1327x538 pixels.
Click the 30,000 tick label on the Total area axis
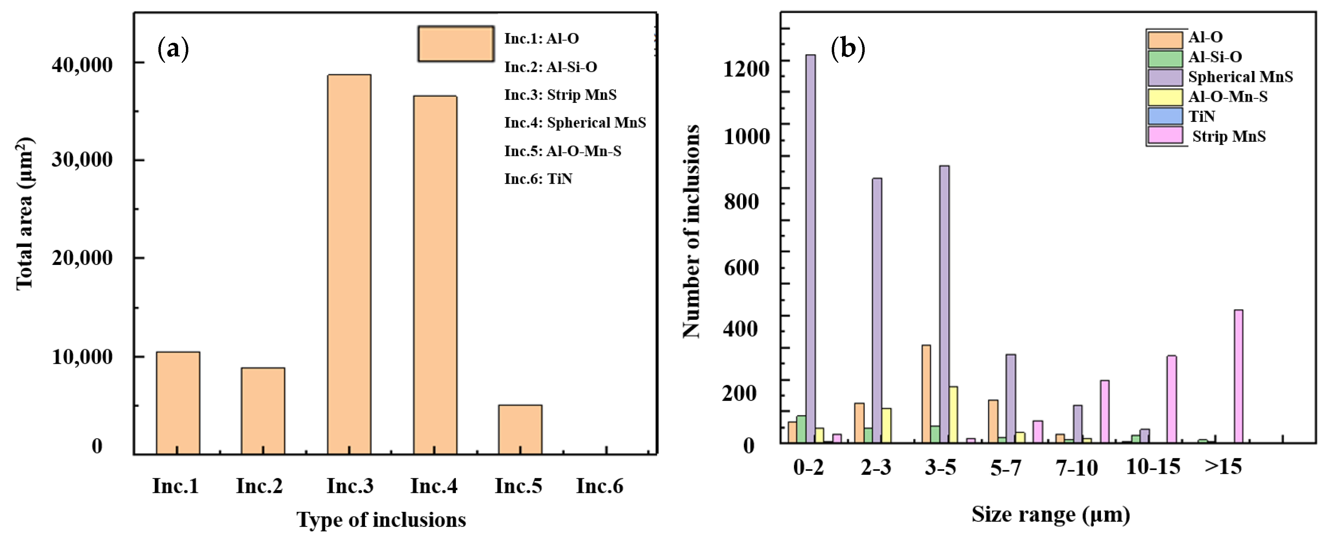pyautogui.click(x=82, y=160)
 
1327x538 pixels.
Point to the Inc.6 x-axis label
pyautogui.click(x=599, y=485)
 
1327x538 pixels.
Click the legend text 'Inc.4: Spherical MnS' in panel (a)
pyautogui.click(x=574, y=123)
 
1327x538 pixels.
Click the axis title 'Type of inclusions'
pyautogui.click(x=381, y=519)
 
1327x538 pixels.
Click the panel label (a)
pyautogui.click(x=173, y=49)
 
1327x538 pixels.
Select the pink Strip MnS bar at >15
pyautogui.click(x=1238, y=376)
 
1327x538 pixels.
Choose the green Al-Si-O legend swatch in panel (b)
pyautogui.click(x=1165, y=58)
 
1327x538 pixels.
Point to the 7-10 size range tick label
pyautogui.click(x=1076, y=467)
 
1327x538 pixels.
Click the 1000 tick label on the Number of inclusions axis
pyautogui.click(x=745, y=137)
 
